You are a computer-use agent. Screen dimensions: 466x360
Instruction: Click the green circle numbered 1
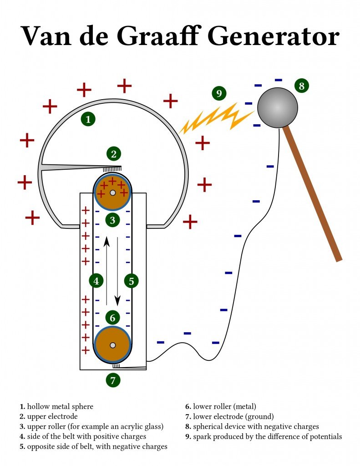point(88,119)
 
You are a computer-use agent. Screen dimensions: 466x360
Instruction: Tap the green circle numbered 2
point(114,154)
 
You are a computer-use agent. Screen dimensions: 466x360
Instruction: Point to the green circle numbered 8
point(301,86)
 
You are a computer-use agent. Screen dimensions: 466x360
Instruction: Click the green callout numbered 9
point(219,94)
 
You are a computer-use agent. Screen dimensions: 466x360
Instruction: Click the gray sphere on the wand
point(277,108)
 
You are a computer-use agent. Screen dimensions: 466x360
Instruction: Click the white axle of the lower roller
point(112,345)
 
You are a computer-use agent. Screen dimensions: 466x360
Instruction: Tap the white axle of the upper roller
point(112,193)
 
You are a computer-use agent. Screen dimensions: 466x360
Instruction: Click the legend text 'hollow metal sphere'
point(60,406)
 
